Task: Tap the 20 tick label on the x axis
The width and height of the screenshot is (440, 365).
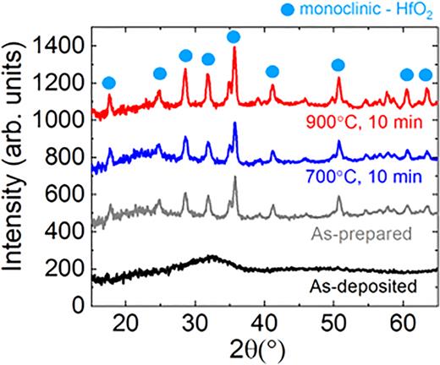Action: tap(126, 322)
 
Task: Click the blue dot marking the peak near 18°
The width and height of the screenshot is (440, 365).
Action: tap(108, 83)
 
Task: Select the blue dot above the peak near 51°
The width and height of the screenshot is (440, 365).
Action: tap(338, 65)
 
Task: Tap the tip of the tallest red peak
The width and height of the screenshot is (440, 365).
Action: tap(234, 48)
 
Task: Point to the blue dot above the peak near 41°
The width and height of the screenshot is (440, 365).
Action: tap(272, 72)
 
